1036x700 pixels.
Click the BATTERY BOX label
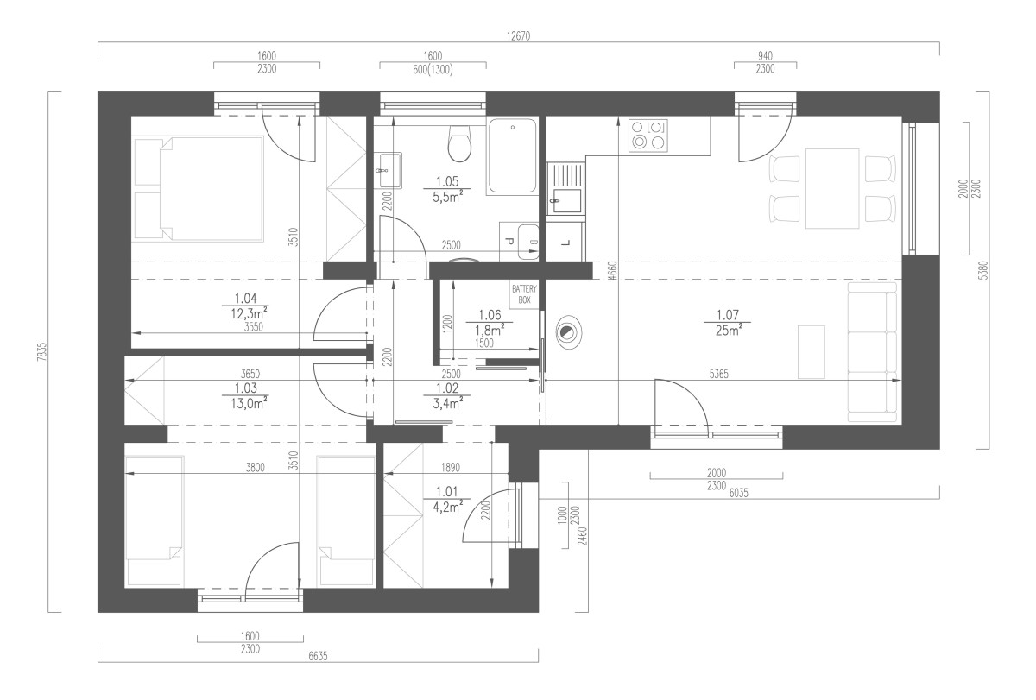pos(524,294)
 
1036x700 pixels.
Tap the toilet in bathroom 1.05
pos(459,143)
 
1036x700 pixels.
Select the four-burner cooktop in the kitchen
pos(648,135)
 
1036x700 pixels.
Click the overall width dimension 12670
pos(518,35)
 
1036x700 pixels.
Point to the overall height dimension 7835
pos(41,351)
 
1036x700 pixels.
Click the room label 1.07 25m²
pos(728,323)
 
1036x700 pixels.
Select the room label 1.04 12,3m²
pos(246,306)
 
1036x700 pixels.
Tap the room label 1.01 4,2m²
pos(447,500)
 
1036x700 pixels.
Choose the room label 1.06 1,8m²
pos(490,323)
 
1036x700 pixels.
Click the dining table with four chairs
pos(832,189)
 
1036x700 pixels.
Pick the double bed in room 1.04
pos(199,189)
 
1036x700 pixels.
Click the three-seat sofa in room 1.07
pos(873,352)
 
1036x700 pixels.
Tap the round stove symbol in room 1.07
pos(566,332)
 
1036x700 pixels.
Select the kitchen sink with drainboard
pos(565,188)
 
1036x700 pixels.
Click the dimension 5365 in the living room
pos(718,374)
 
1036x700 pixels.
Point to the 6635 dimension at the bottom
pos(318,656)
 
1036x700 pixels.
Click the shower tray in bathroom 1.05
pos(512,156)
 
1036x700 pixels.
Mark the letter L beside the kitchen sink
pos(567,243)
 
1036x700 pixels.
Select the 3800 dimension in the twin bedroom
pos(255,468)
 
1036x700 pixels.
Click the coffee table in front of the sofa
pos(812,352)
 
